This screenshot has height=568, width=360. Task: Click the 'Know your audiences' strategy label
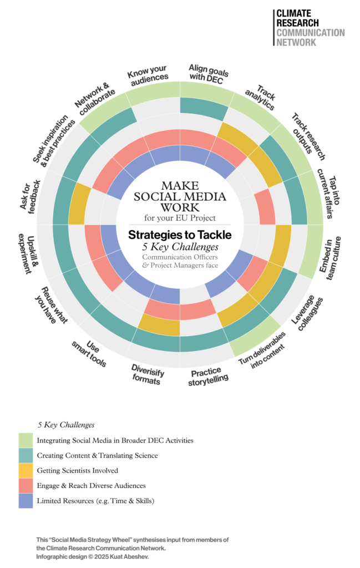148,75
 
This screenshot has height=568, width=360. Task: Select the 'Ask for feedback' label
30,197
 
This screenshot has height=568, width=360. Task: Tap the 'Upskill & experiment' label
28,253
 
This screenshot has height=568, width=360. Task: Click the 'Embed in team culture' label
330,258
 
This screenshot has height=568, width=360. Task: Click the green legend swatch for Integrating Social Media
26,440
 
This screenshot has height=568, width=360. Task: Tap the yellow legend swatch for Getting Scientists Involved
26,470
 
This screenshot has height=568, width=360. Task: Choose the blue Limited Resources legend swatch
26,501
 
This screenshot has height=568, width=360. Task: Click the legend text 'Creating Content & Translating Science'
98,455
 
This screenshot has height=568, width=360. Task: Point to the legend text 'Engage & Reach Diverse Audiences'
92,486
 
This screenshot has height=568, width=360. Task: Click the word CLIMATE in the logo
294,13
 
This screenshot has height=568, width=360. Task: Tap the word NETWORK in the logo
296,42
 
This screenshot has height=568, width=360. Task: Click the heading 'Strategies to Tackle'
180,235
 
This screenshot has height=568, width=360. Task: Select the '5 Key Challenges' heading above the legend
66,425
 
